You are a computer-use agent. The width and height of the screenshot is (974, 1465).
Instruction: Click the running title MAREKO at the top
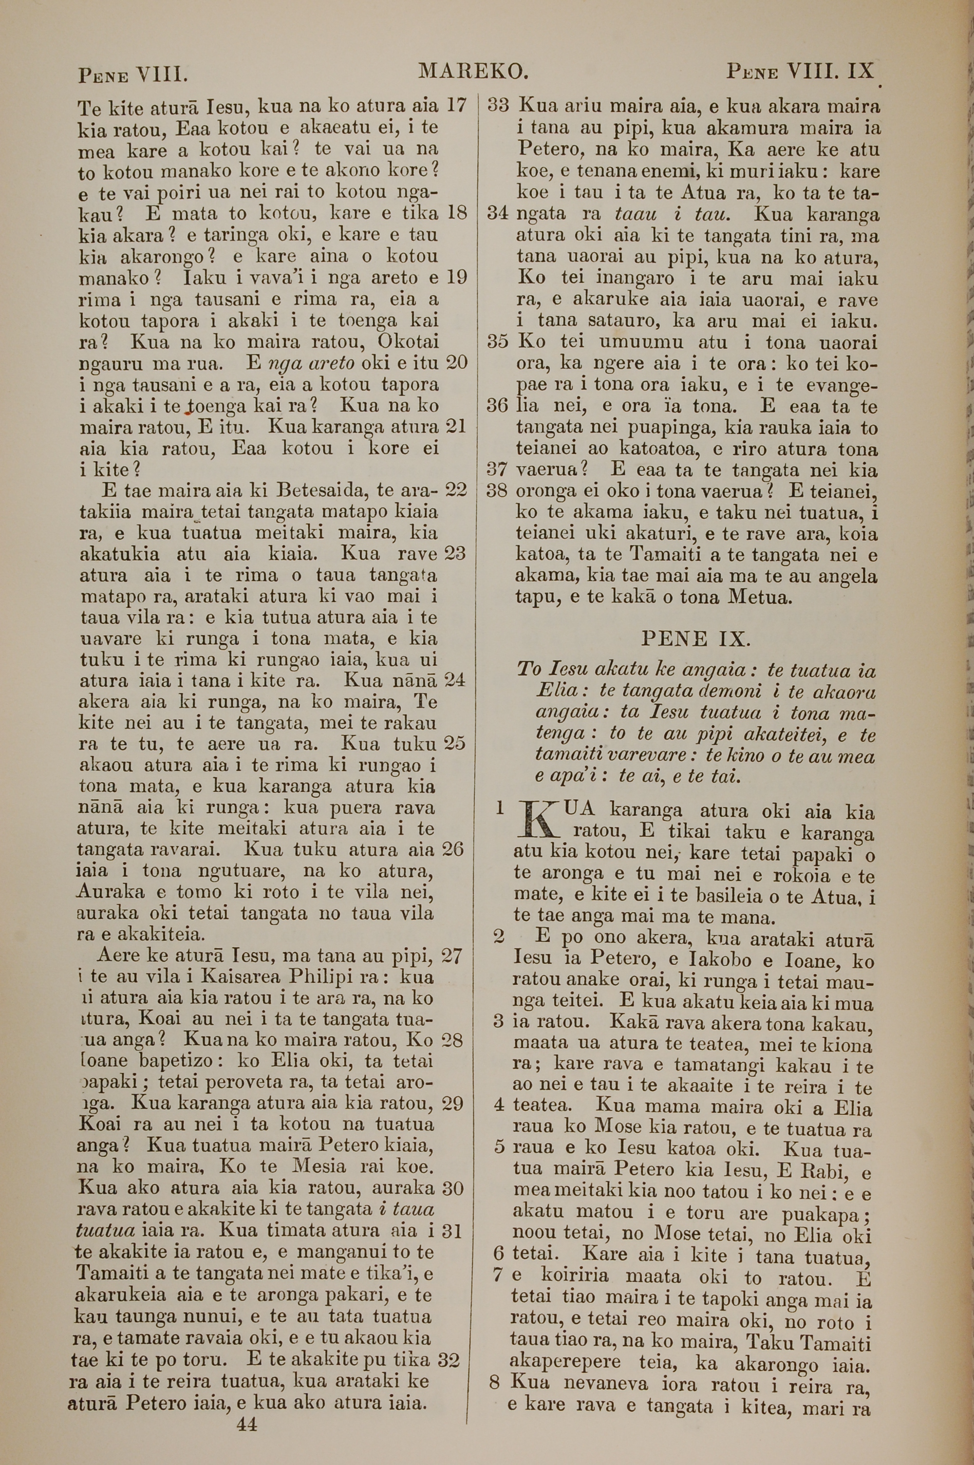(x=473, y=72)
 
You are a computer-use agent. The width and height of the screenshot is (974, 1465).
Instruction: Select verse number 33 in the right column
(x=498, y=106)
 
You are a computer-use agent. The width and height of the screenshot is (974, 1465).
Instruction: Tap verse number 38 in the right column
(x=498, y=490)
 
